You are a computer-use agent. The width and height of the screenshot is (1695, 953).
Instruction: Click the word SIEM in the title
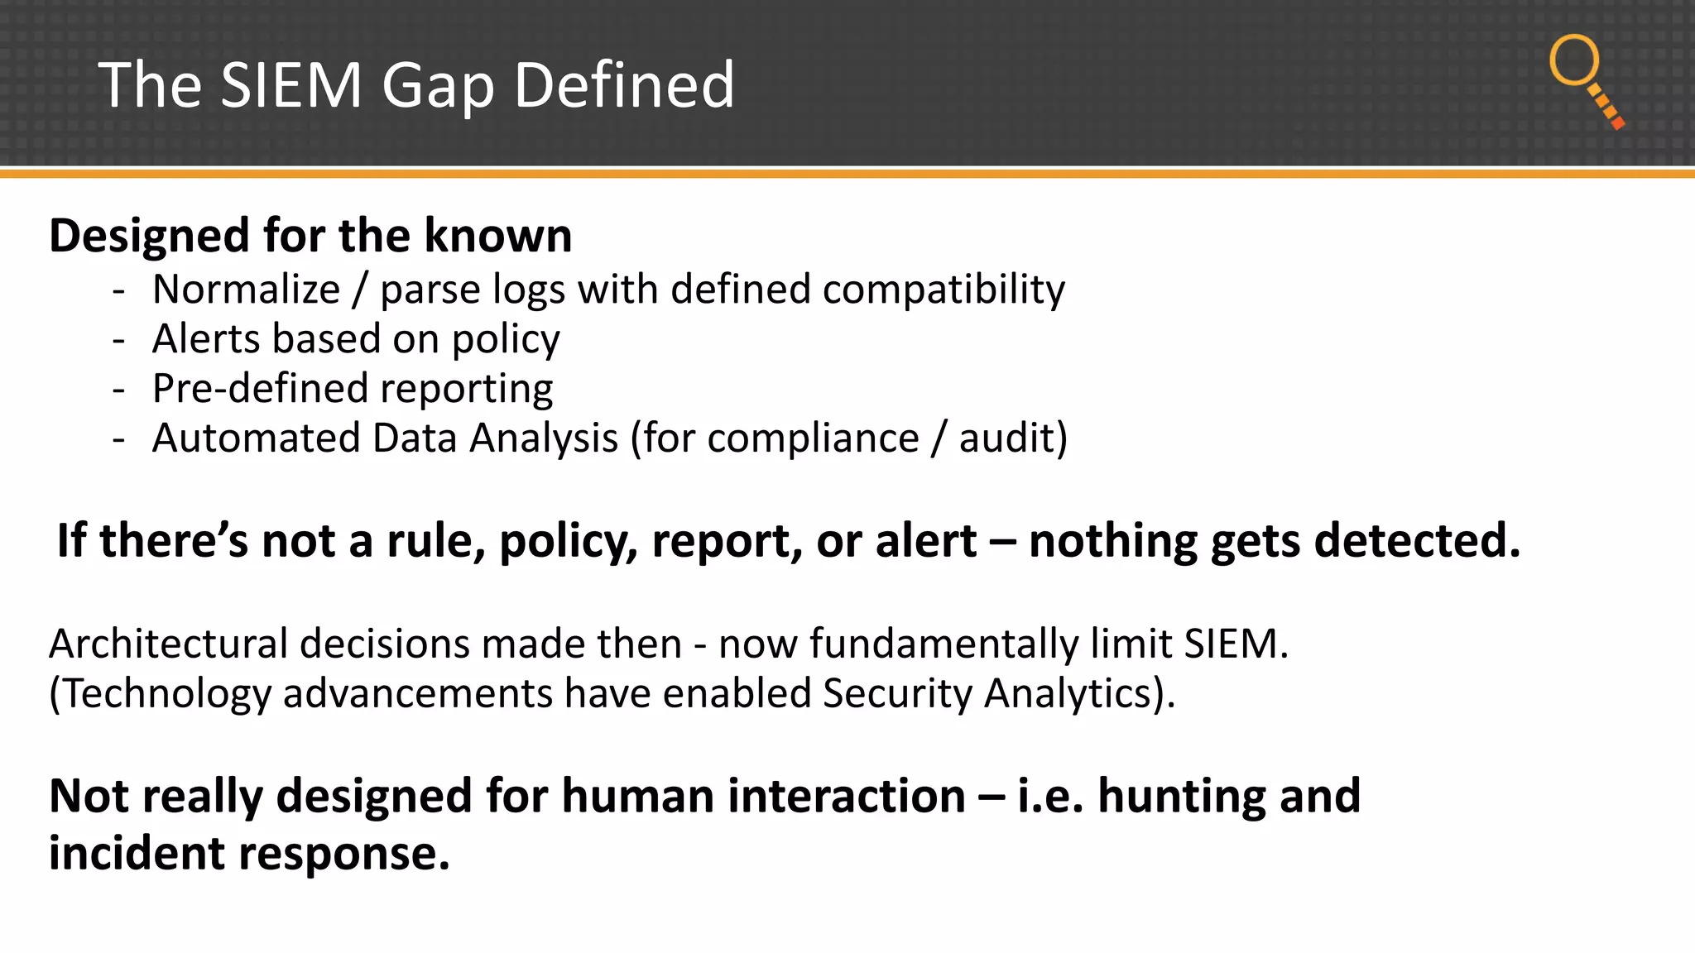(291, 85)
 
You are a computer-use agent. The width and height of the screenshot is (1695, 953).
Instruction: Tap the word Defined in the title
(624, 85)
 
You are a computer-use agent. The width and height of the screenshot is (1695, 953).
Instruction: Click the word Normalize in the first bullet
(246, 290)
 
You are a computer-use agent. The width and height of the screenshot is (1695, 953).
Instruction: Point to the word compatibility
(944, 290)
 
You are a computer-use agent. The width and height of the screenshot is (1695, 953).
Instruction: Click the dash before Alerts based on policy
(119, 340)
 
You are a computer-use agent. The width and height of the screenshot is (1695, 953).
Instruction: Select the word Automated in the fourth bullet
(256, 438)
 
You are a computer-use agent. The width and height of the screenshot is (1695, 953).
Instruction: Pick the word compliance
(813, 438)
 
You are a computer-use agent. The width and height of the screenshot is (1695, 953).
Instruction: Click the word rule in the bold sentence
(435, 542)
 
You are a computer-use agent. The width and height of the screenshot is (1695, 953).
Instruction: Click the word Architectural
(168, 644)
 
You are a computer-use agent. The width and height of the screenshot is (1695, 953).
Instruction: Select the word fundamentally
(944, 644)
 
